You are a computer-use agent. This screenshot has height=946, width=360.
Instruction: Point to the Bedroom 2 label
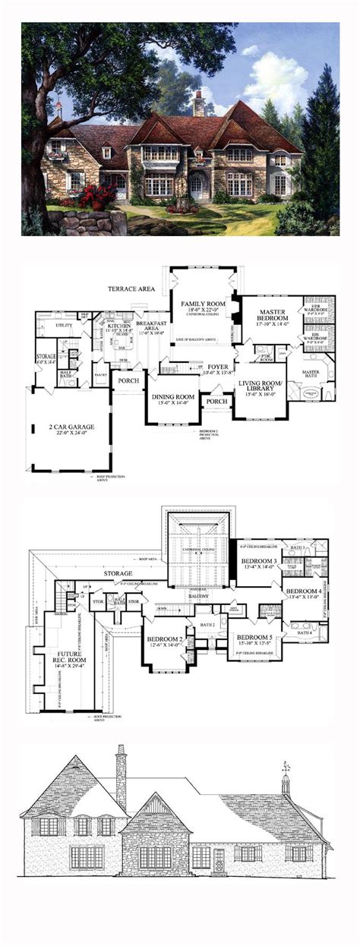[164, 639]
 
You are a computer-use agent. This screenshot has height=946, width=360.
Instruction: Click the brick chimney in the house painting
[199, 104]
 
